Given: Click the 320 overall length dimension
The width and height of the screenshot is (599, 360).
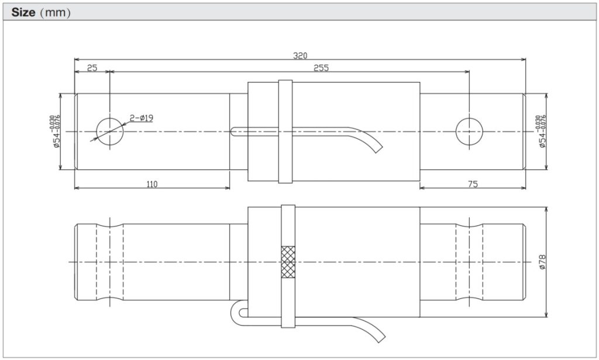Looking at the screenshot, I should point(300,56).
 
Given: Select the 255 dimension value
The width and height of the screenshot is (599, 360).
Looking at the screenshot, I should point(321,68).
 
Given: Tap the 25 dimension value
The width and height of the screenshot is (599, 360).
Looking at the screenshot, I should point(92,68).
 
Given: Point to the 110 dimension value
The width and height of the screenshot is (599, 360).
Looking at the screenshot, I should point(152,184).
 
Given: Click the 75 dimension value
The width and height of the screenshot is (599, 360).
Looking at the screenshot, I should point(473,184).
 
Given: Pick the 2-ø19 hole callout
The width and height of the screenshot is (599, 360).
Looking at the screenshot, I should point(142,118).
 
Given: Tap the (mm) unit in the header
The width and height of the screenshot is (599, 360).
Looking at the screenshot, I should point(56,12).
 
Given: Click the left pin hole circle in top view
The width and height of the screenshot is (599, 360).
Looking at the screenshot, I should point(110,132).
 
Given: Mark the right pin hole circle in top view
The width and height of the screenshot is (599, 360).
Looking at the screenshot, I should point(469,132).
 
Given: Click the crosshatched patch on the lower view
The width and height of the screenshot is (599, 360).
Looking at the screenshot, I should point(288,261).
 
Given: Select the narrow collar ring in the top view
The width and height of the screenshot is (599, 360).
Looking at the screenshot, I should point(285,132).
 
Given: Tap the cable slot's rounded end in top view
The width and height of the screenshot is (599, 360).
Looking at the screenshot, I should point(235,132).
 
